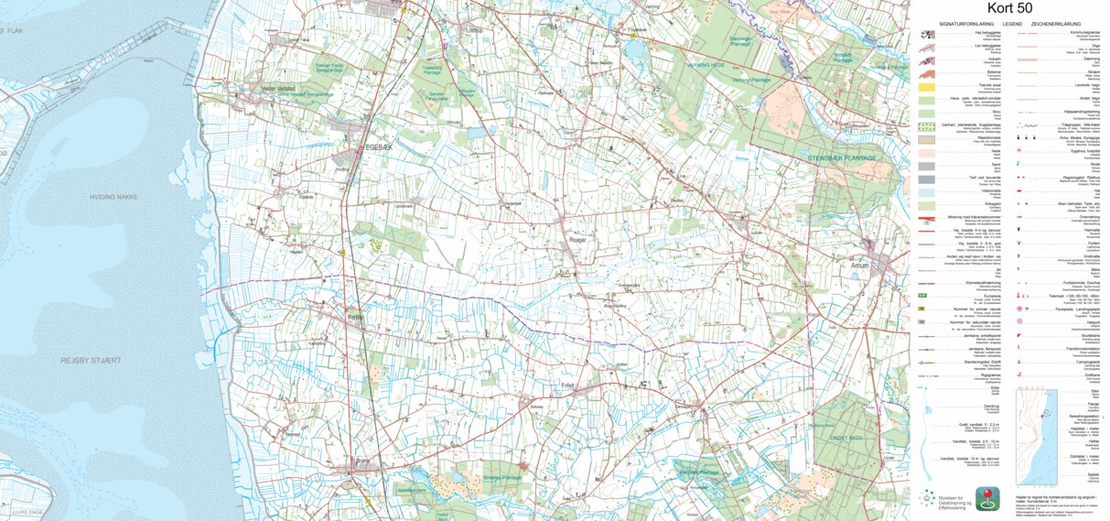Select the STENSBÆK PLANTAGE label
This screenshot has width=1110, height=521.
pos(842,158)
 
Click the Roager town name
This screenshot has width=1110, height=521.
pos(577,240)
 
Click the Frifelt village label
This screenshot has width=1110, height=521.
pos(567,386)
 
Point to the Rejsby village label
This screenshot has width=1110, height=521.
pos(355,318)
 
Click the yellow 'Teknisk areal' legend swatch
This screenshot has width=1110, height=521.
pos(926,85)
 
